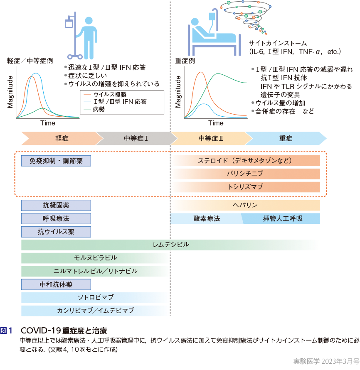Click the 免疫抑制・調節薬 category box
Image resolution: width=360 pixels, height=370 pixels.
tap(56, 161)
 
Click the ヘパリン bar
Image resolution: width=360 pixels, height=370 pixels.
tap(245, 205)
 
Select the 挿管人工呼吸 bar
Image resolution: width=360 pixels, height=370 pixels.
tap(283, 218)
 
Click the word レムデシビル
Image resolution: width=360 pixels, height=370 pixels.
tap(171, 245)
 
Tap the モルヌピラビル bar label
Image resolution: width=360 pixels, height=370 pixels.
tap(95, 258)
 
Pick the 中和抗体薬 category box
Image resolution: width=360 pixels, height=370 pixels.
tap(56, 284)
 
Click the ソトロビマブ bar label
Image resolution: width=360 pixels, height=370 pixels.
tap(95, 297)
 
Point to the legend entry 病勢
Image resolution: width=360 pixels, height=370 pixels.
tap(99, 109)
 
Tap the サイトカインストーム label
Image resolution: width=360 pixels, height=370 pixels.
tap(278, 43)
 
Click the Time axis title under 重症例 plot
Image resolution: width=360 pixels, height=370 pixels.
tap(216, 123)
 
